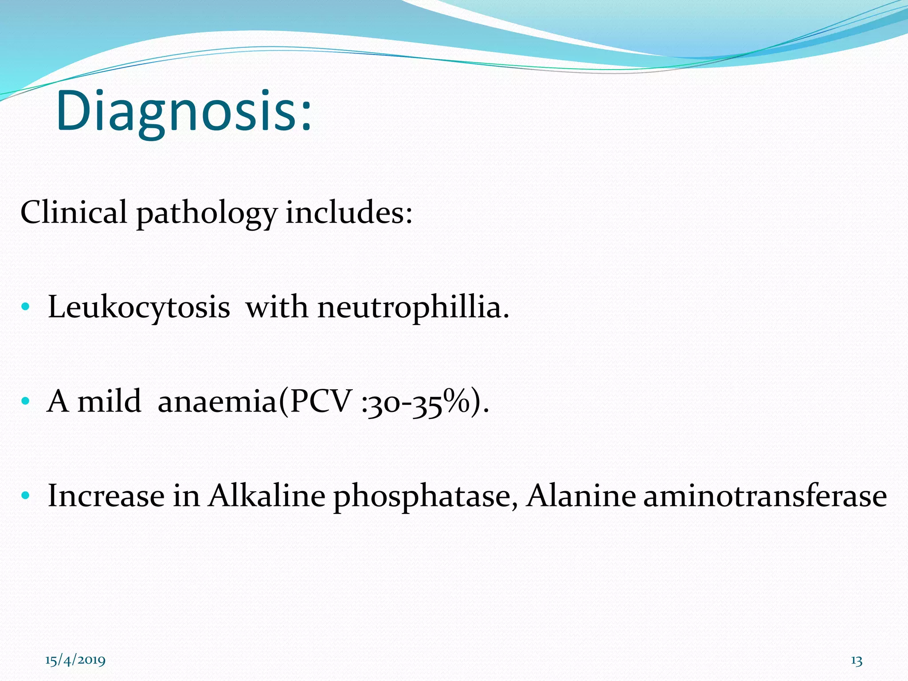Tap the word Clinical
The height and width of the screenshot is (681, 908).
74,212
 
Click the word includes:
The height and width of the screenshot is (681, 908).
349,212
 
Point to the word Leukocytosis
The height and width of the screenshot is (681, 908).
139,307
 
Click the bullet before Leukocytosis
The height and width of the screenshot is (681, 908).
25,307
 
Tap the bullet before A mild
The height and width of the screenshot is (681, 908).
25,401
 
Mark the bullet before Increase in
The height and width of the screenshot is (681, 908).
25,495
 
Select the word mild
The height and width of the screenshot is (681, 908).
110,401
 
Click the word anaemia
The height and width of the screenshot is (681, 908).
217,401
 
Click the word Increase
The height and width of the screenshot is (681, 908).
106,496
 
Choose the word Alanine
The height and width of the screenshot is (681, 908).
581,496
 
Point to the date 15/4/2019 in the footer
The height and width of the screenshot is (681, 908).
75,660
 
